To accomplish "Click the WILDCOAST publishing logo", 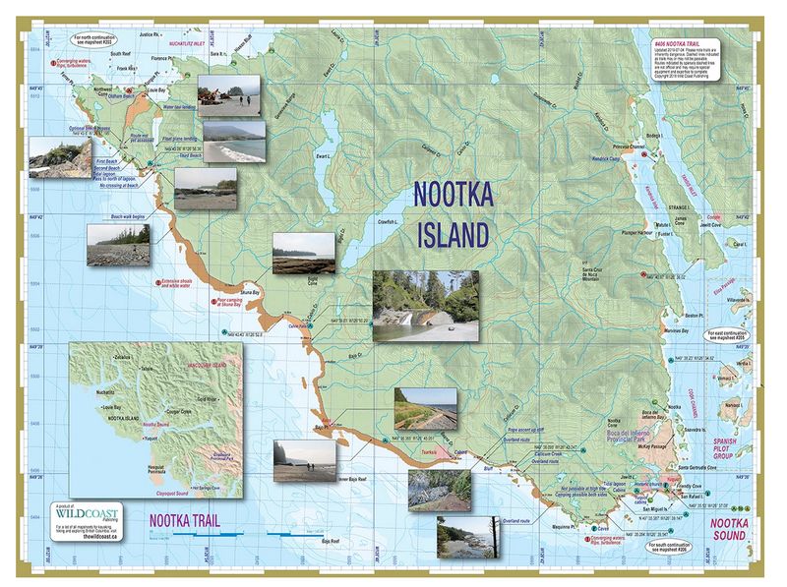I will [86, 513].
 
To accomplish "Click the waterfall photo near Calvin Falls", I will [427, 305].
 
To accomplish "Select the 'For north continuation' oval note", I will [102, 38].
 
